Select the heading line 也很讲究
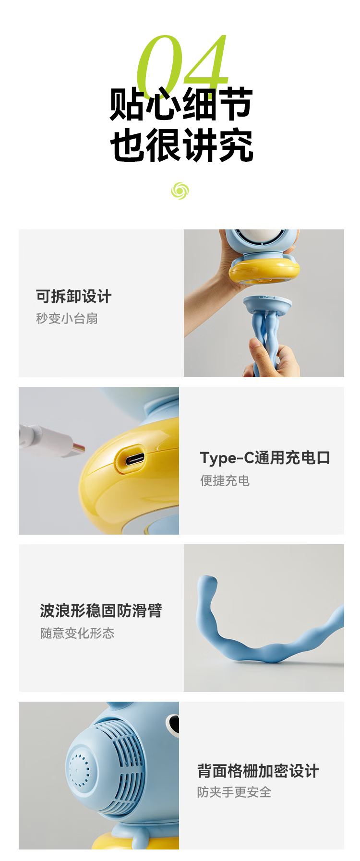(181, 145)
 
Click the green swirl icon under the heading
(180, 191)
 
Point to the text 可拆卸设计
(74, 297)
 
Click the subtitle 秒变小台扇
(67, 318)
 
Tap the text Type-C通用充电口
(265, 458)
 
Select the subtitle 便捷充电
(225, 480)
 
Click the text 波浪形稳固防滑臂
(101, 610)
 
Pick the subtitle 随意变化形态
(77, 633)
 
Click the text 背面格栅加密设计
(258, 771)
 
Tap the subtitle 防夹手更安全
(234, 792)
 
